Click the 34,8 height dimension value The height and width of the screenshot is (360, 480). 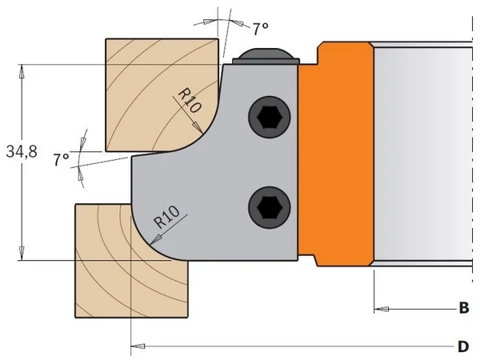22,151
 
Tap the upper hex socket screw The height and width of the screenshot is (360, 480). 270,118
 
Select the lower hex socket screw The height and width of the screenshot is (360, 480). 270,207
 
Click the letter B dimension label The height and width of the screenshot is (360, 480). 464,308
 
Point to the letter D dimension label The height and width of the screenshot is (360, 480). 463,346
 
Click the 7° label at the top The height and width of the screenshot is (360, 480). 261,29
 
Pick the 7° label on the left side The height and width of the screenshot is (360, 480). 61,159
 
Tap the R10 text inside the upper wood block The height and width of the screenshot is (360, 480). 190,100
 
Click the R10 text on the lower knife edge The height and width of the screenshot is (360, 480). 167,217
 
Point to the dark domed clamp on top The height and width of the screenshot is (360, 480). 266,56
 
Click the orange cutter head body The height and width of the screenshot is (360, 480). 337,153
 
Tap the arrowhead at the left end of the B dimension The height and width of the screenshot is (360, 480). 382,309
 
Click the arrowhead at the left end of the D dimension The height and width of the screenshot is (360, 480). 138,346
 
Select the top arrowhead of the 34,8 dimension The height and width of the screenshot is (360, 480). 22,71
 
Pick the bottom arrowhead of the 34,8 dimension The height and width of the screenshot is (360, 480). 22,253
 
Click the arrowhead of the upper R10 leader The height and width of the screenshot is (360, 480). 198,128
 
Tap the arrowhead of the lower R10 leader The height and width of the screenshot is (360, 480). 155,239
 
